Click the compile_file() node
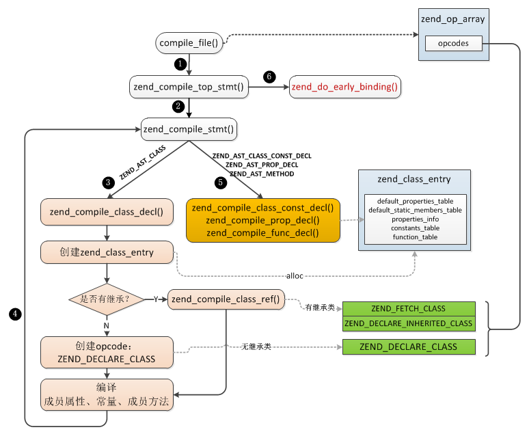189,44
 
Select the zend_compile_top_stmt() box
189,87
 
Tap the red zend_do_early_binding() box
345,87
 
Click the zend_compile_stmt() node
188,128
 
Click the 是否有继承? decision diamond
107,299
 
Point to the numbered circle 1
180,64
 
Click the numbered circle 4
14,313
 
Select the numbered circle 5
220,182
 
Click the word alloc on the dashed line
295,275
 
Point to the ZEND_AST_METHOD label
262,174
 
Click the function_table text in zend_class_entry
416,236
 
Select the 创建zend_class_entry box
107,252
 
